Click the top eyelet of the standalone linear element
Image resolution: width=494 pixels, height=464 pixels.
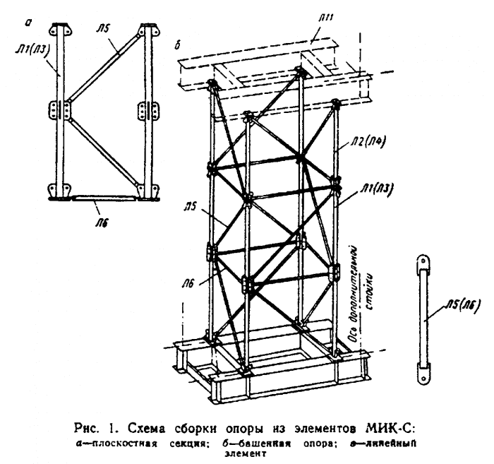[423, 260]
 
